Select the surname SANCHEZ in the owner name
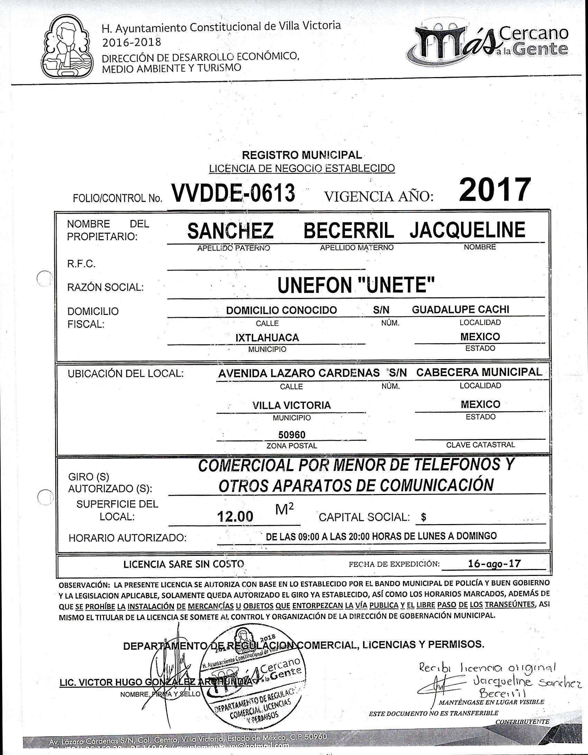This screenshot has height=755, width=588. point(230,231)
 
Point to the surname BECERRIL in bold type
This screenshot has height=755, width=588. point(349,231)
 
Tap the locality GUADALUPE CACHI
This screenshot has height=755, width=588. point(460,309)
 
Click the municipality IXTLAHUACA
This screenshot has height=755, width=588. point(267,337)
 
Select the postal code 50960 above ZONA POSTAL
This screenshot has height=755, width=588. point(292,435)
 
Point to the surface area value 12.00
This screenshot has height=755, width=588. point(235,516)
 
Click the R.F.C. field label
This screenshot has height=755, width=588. point(81,264)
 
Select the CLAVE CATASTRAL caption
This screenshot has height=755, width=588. point(480,445)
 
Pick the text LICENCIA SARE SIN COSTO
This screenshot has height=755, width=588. point(184,564)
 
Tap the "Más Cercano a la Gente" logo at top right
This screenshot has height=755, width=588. point(488,45)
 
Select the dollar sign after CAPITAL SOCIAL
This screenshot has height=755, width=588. point(424,518)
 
